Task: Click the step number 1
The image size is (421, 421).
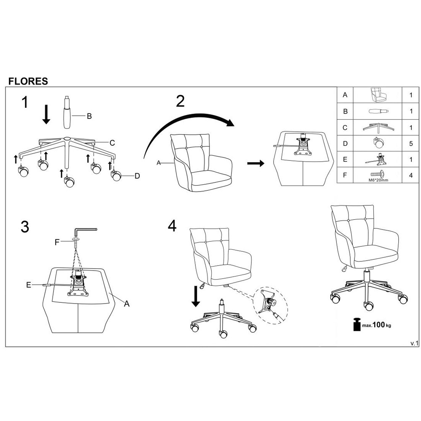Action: (26, 102)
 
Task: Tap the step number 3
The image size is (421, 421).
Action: (25, 226)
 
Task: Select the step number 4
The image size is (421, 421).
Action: (172, 226)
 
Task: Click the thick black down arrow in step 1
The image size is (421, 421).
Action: (46, 114)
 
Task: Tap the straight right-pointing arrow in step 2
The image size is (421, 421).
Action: (256, 163)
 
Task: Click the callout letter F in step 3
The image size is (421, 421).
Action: (57, 242)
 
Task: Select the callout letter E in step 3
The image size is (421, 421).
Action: (28, 285)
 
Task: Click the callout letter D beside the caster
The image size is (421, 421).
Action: (137, 176)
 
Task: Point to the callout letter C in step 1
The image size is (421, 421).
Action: (112, 143)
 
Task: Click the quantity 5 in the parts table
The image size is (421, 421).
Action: (411, 143)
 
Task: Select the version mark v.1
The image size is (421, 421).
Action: (414, 343)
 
